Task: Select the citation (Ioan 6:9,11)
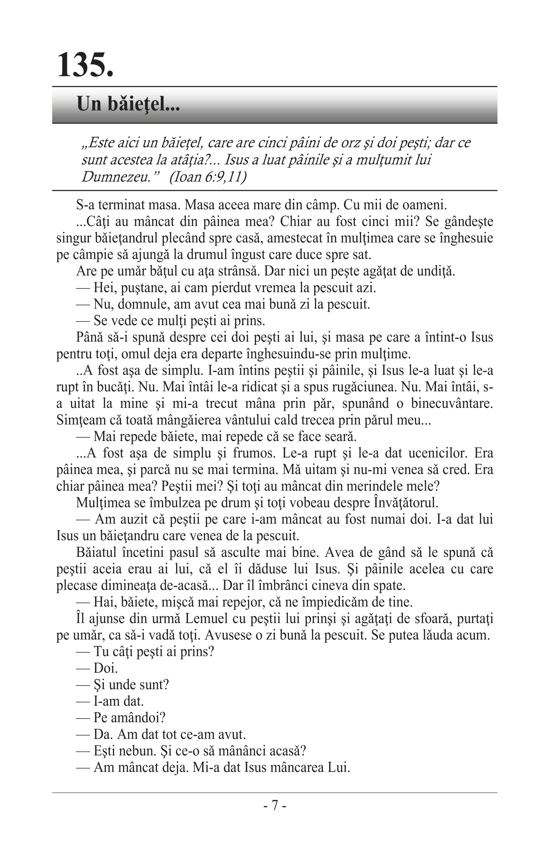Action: pos(208,177)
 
